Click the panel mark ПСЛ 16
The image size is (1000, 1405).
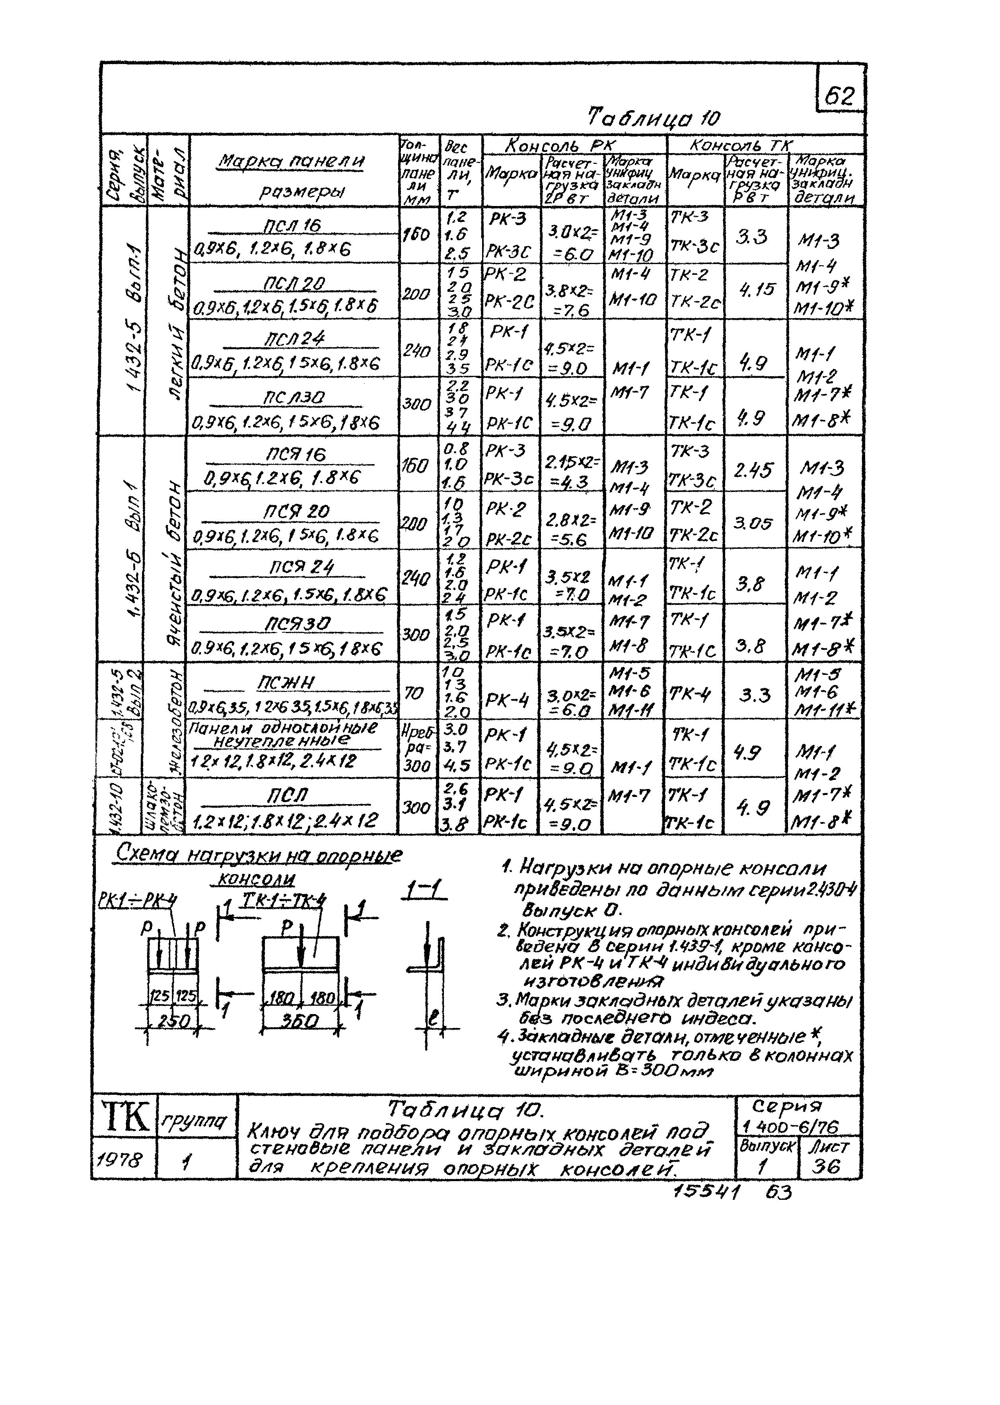[x=293, y=226]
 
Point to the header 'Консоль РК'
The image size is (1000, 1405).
[x=560, y=145]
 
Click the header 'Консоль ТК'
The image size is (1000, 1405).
[x=741, y=145]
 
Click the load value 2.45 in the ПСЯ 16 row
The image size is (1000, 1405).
[x=753, y=470]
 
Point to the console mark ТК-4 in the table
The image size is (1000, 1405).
[x=690, y=694]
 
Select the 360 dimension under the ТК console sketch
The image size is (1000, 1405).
[x=299, y=1021]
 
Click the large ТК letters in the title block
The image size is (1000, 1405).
[x=125, y=1118]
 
